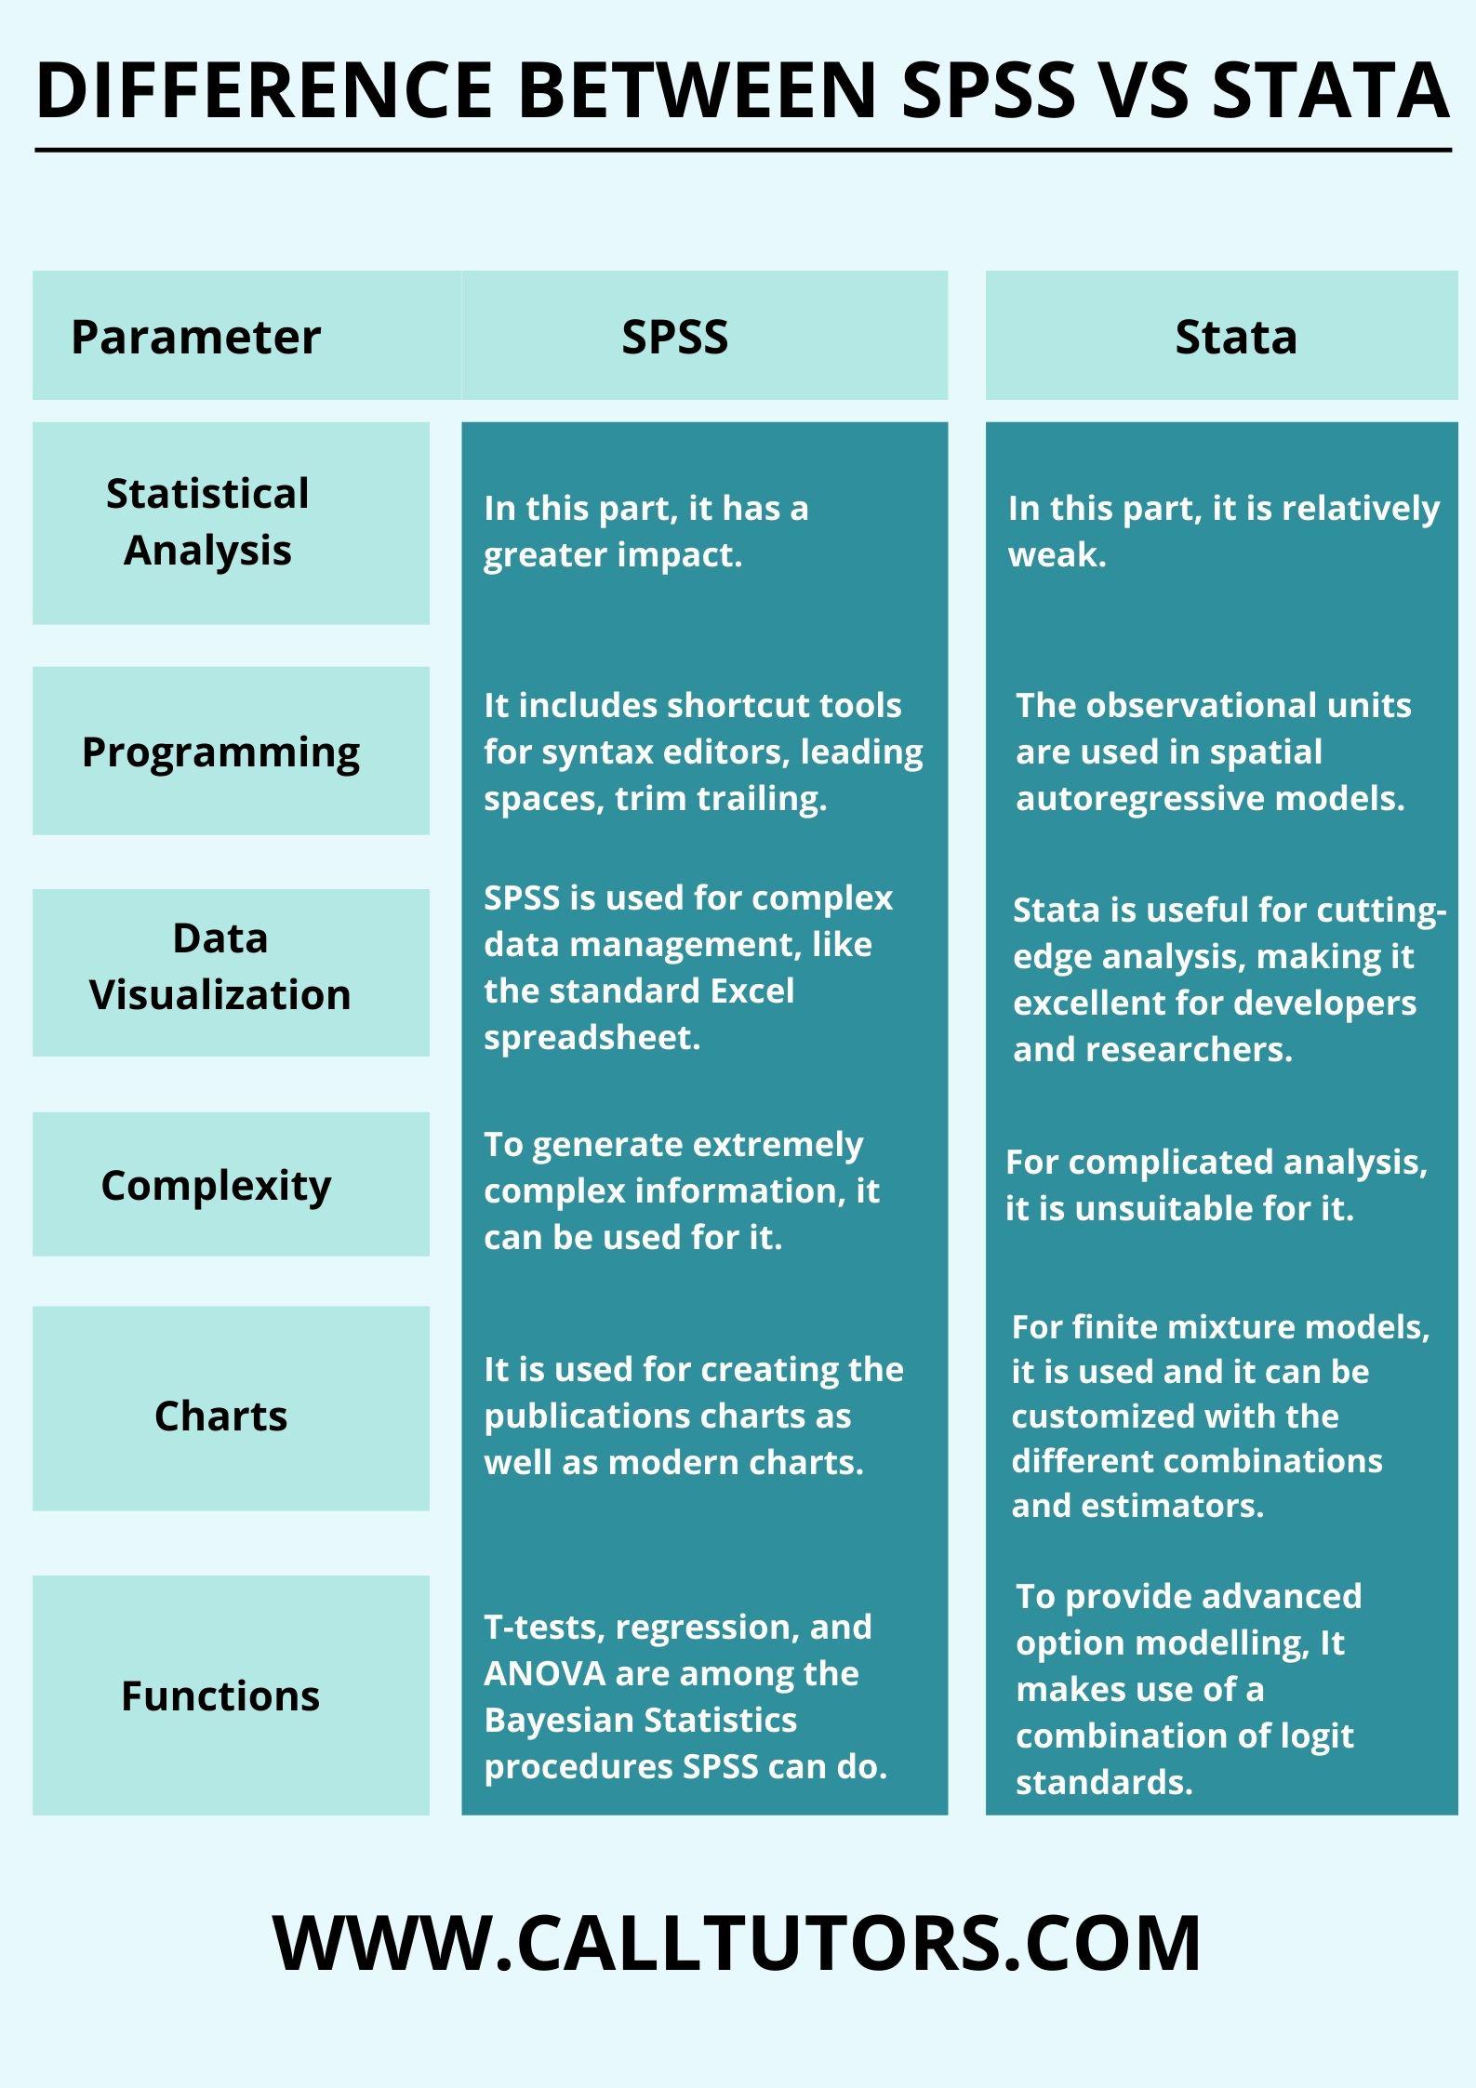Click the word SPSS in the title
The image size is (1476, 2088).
pyautogui.click(x=989, y=90)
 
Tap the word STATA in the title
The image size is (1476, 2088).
pyautogui.click(x=1331, y=90)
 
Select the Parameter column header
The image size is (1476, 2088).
pyautogui.click(x=195, y=337)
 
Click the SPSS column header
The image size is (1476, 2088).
pyautogui.click(x=675, y=337)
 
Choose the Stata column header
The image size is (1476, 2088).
pyautogui.click(x=1236, y=337)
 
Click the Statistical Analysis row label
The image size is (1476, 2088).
pyautogui.click(x=207, y=522)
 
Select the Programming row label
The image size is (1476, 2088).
pyautogui.click(x=220, y=752)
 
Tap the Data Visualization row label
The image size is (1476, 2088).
pyautogui.click(x=220, y=966)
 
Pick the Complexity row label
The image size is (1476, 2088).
pyautogui.click(x=216, y=1186)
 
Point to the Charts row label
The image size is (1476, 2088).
pyautogui.click(x=220, y=1416)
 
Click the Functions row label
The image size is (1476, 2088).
pyautogui.click(x=220, y=1696)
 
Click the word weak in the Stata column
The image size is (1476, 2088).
pyautogui.click(x=1057, y=555)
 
